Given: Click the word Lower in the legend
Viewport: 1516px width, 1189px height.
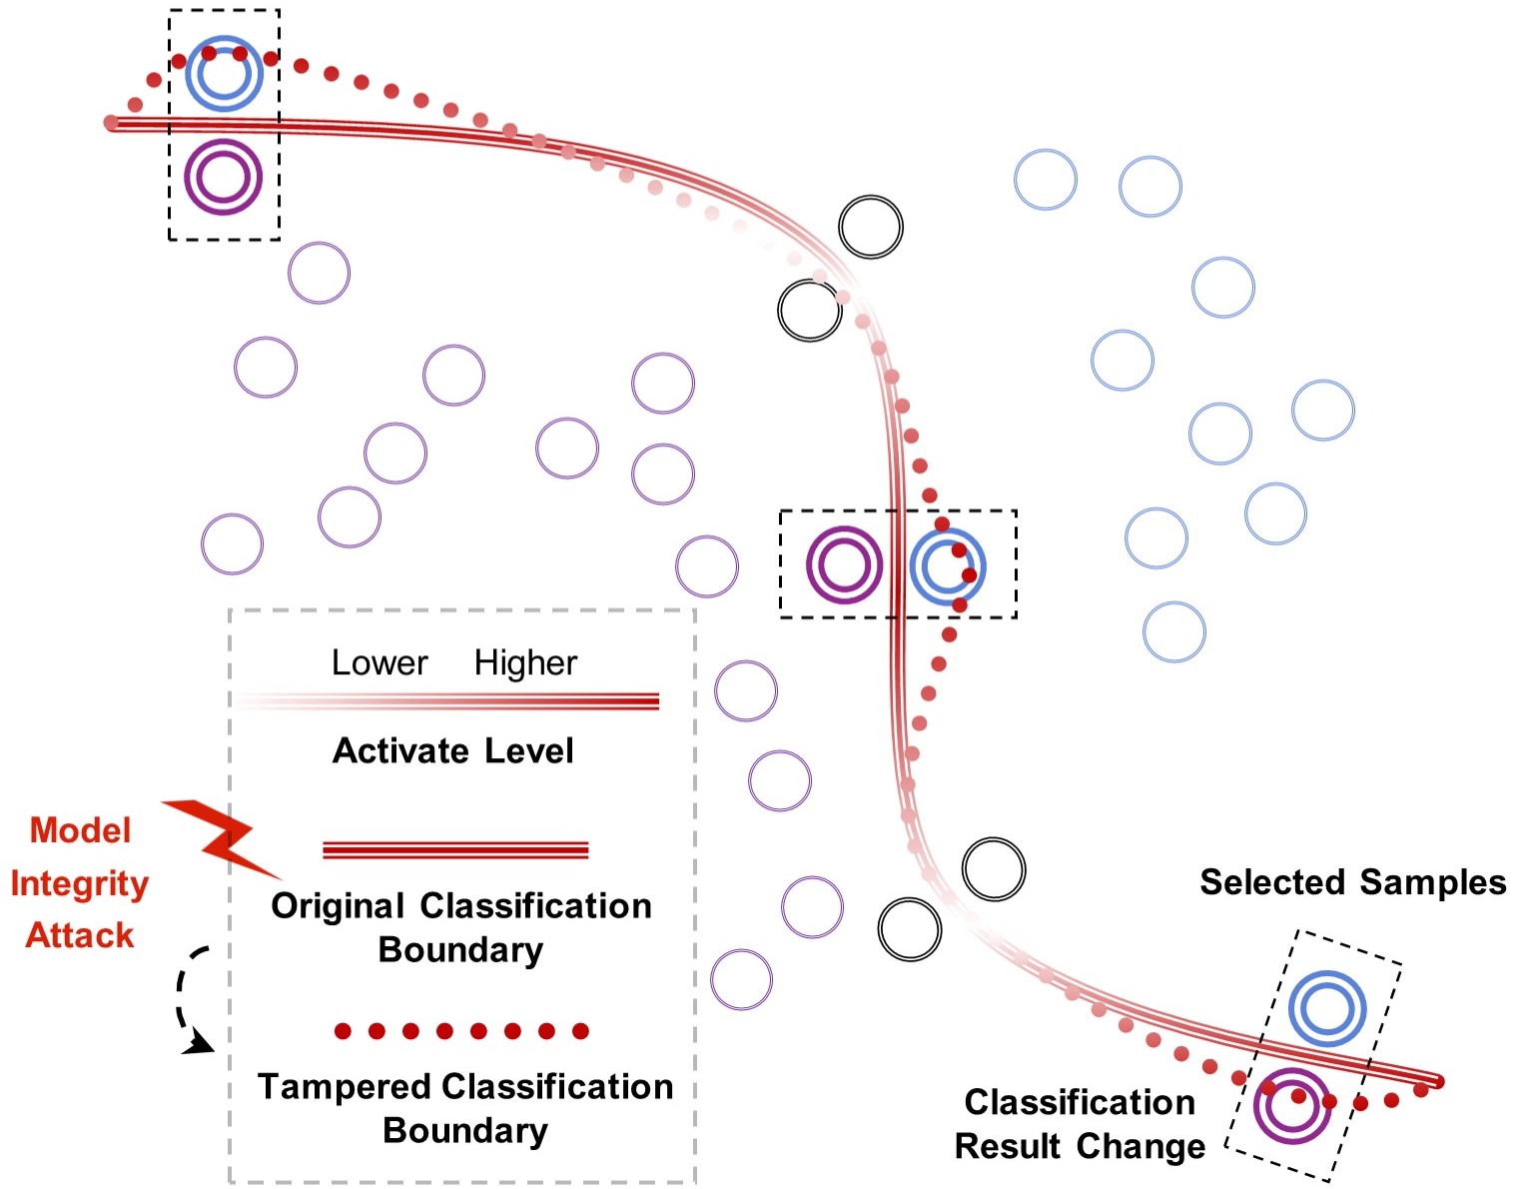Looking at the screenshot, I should [379, 662].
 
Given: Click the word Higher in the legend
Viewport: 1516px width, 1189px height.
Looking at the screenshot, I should [525, 662].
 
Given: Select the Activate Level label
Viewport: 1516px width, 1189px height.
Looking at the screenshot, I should [452, 750].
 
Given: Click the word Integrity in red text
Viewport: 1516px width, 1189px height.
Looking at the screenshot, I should [79, 883].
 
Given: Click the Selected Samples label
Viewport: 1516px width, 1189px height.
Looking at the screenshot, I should [1352, 882].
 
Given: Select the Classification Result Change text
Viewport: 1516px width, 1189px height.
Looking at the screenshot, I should [1080, 1124].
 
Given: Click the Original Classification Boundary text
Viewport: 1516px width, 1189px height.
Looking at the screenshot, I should [461, 927].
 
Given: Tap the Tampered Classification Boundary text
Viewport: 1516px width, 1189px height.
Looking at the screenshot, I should [465, 1108].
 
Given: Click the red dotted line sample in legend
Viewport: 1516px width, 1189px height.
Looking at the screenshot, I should [461, 1031].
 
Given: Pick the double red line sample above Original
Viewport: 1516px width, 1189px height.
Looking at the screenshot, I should [455, 850].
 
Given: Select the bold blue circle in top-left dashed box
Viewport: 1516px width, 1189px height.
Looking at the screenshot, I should [224, 73].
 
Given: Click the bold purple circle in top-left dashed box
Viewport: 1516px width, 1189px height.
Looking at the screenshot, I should [223, 177].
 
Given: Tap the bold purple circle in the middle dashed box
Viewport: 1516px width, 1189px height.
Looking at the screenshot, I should [844, 565].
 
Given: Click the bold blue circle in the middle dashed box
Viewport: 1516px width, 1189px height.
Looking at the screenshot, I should [948, 567].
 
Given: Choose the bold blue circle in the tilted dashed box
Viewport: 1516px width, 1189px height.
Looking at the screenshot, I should [1326, 1007].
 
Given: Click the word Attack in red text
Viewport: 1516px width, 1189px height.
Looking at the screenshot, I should [79, 935].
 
